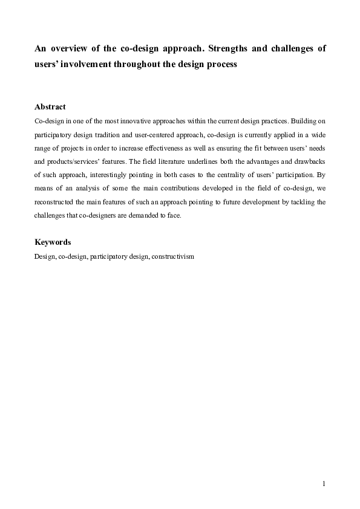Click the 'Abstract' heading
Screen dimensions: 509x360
[x=50, y=106]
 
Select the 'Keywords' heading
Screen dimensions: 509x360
[x=53, y=242]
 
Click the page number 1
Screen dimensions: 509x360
[x=324, y=483]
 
